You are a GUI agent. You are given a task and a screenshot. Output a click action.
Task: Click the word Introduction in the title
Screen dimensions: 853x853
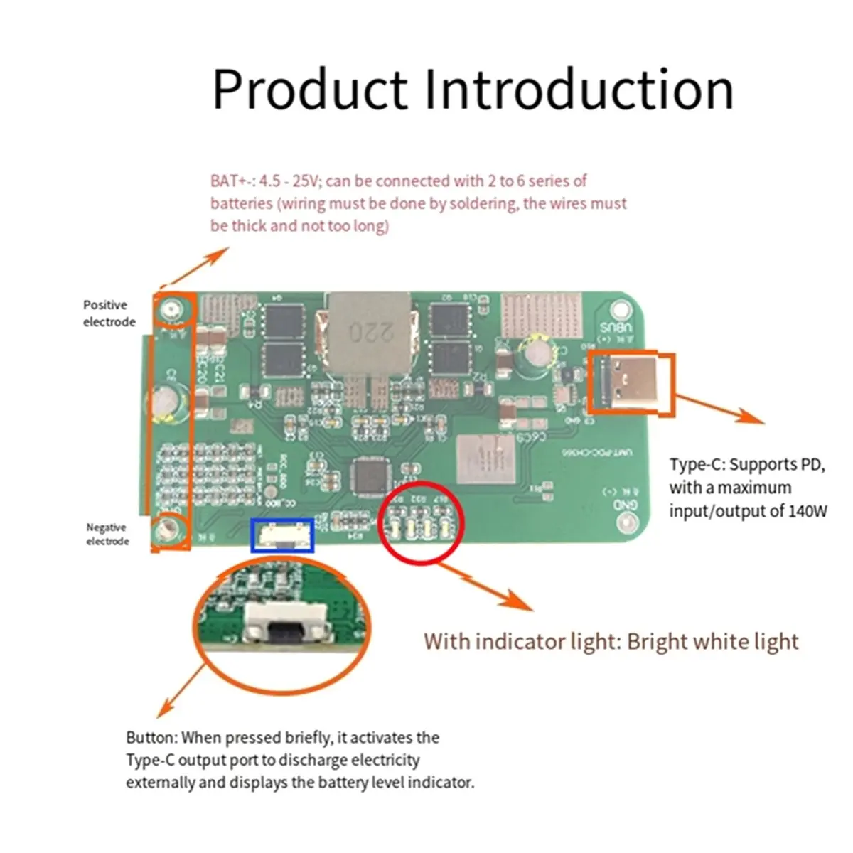[579, 90]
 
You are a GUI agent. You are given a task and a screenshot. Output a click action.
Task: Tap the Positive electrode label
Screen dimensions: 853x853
[109, 313]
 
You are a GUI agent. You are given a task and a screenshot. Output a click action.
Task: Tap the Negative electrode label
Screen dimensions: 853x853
[107, 534]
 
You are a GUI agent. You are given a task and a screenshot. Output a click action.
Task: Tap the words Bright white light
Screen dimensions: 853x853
[713, 642]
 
